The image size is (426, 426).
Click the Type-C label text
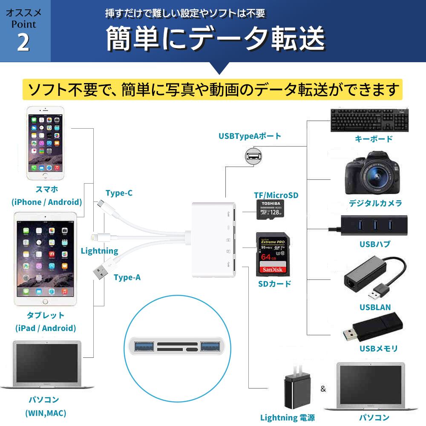[119, 193]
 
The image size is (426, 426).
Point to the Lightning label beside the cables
[99, 250]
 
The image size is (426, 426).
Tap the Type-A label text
[127, 278]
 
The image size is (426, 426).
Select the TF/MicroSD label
[276, 196]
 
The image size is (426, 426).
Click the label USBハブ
[374, 244]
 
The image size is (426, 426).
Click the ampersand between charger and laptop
[323, 389]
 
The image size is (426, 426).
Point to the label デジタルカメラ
[375, 203]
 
